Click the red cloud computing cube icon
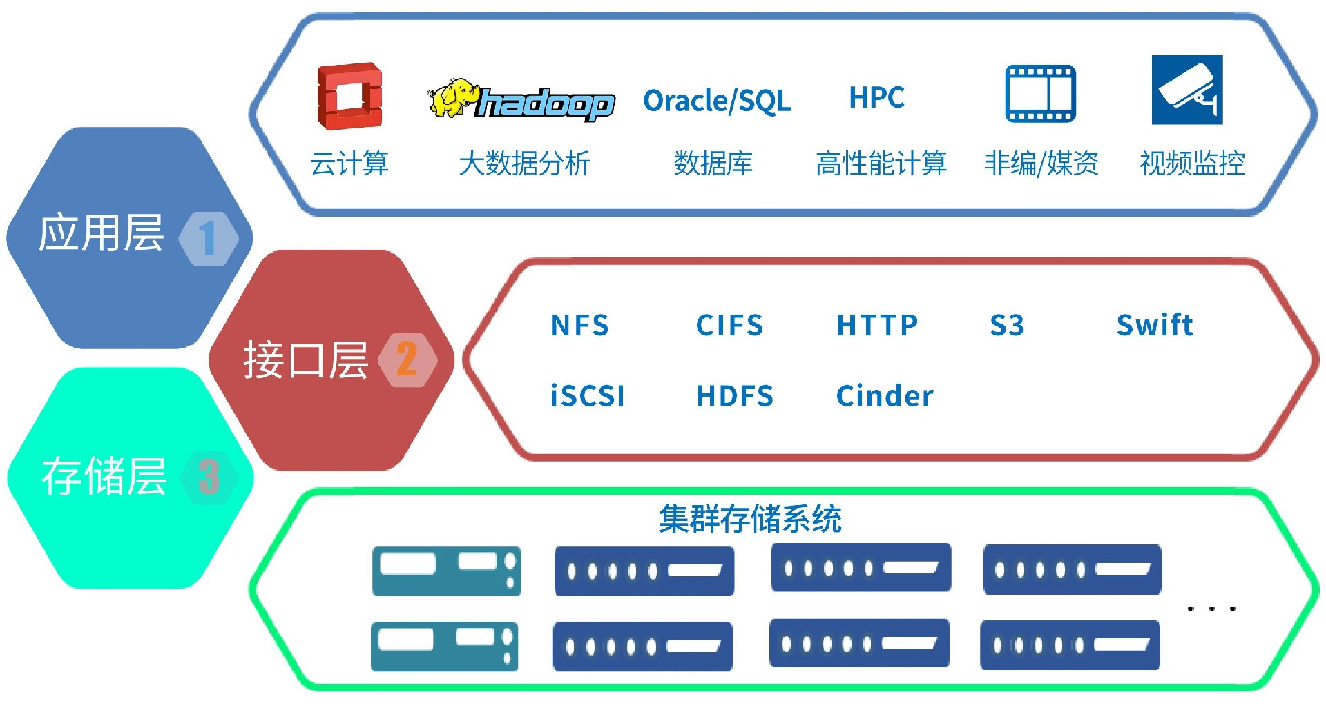point(349,97)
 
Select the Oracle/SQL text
point(717,101)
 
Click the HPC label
point(876,97)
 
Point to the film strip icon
point(1040,94)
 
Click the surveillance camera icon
point(1186,90)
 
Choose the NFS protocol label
point(580,325)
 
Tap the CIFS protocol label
point(729,325)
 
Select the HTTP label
point(877,325)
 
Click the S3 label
point(1007,325)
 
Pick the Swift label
point(1155,324)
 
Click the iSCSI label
point(588,396)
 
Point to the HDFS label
point(735,396)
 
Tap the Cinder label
point(885,396)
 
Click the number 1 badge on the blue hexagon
point(208,238)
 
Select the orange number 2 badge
point(407,360)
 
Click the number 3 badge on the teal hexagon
point(209,477)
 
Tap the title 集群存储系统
point(750,519)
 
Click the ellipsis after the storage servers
point(1211,609)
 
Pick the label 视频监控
point(1192,164)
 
